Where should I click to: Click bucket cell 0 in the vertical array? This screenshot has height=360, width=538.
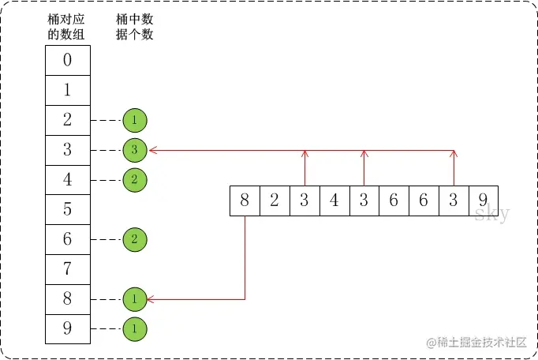(x=67, y=60)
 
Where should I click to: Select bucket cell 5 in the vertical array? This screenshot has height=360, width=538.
(x=67, y=209)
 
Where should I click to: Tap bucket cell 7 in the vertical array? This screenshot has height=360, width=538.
(x=67, y=269)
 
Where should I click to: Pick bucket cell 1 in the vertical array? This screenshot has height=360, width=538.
(x=67, y=90)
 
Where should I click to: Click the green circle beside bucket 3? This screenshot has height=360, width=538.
(x=135, y=149)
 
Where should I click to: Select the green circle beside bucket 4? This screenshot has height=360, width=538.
(x=135, y=179)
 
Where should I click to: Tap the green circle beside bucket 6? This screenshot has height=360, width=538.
(x=135, y=239)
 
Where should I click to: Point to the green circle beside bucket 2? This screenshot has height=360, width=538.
(x=135, y=120)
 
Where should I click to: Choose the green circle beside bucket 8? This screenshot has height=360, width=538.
(x=135, y=299)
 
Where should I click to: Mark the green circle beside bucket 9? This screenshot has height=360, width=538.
(x=135, y=328)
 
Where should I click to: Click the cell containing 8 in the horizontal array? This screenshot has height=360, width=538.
(x=245, y=201)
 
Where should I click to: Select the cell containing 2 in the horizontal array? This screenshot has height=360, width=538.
(x=275, y=201)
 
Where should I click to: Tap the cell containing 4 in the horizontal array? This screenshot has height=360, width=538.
(x=334, y=201)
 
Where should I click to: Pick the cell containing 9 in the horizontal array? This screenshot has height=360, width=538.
(x=483, y=201)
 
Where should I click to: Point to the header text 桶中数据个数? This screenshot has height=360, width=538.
(x=134, y=28)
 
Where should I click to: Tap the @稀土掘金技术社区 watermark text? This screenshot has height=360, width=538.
(x=476, y=342)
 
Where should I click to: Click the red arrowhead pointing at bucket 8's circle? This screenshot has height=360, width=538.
(x=151, y=299)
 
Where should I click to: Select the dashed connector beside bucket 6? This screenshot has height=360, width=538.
(x=106, y=239)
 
